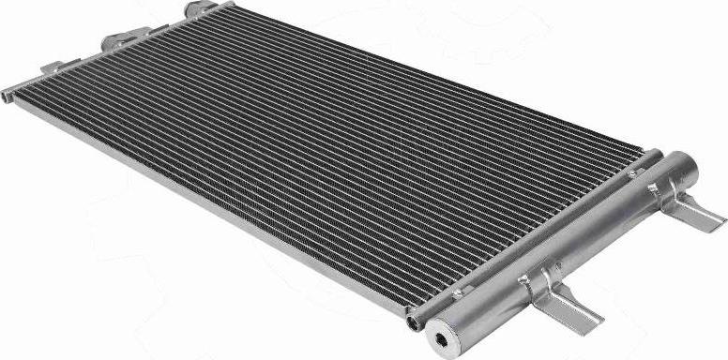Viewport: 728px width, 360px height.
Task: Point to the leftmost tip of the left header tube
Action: pyautogui.click(x=5, y=91)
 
